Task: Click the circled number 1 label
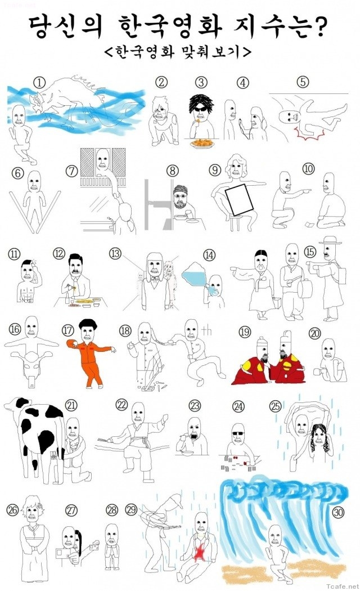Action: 39,82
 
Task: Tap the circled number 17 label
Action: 68,330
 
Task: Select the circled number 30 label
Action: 338,512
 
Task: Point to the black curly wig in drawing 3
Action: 201,102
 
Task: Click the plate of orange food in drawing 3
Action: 202,144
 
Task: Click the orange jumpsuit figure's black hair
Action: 87,324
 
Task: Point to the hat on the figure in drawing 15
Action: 330,240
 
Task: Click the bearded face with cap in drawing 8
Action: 181,195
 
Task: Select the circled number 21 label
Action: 71,405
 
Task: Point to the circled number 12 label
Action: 58,254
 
